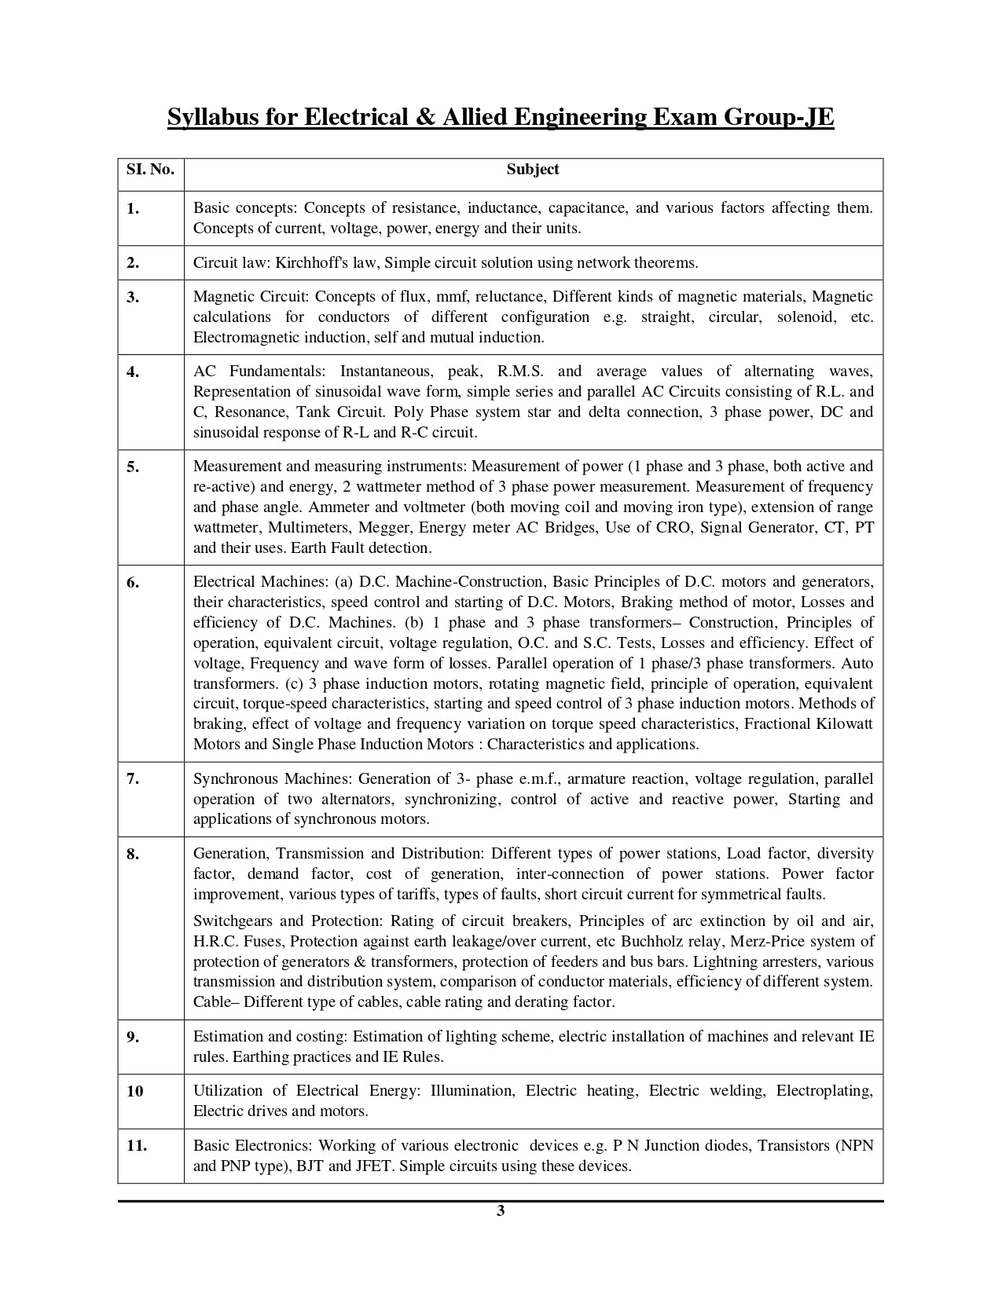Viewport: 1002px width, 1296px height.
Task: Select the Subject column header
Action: (533, 170)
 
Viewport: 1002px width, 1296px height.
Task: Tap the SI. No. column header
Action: (150, 170)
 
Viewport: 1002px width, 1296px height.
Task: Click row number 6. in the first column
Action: (133, 582)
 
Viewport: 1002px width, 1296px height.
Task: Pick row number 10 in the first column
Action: (134, 1091)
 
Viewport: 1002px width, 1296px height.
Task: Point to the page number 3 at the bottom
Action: (501, 1210)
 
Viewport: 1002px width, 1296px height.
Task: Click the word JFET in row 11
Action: (373, 1166)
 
